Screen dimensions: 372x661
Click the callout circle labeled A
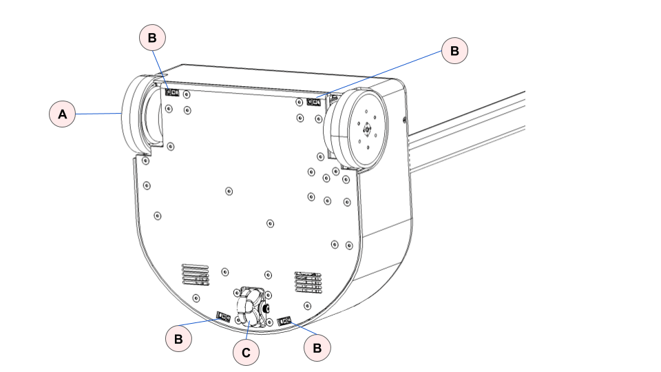pyautogui.click(x=63, y=114)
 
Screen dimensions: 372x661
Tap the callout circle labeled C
pyautogui.click(x=246, y=353)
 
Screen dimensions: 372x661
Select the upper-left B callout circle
pyautogui.click(x=152, y=38)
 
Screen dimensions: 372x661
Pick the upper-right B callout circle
pyautogui.click(x=454, y=50)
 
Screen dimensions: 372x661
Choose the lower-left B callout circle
pyautogui.click(x=179, y=339)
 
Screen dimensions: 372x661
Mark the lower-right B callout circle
pyautogui.click(x=317, y=348)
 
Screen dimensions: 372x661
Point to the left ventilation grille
pyautogui.click(x=195, y=273)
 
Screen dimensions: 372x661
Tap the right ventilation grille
pyautogui.click(x=308, y=282)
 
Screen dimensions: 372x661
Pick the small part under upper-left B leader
pyautogui.click(x=171, y=92)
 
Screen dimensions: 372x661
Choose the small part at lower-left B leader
pyautogui.click(x=223, y=318)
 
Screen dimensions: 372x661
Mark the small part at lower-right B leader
pyautogui.click(x=285, y=321)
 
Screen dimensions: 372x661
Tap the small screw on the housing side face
pyautogui.click(x=403, y=121)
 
